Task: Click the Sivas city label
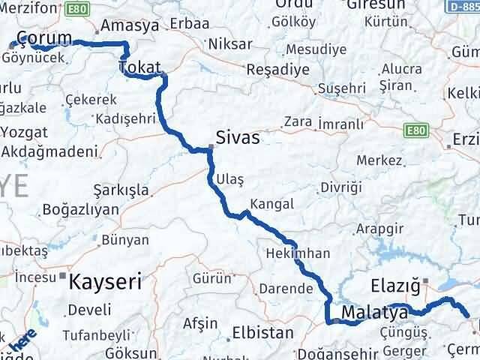click(x=237, y=138)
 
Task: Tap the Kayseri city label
click(x=105, y=282)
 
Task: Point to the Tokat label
click(x=139, y=67)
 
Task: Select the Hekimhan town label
click(x=297, y=253)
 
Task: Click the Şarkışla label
click(x=120, y=189)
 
